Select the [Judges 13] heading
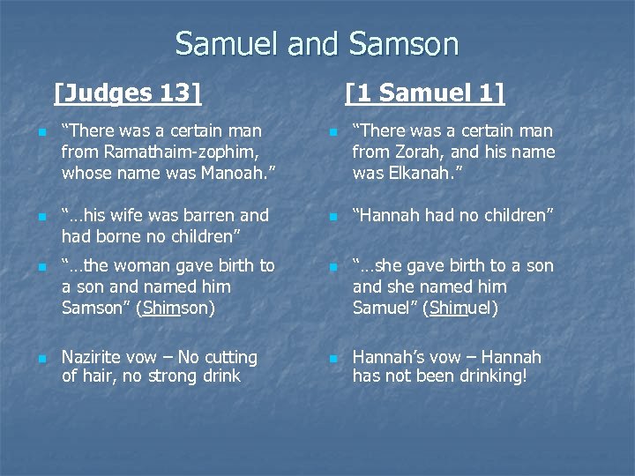tap(128, 92)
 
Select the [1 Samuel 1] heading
tap(425, 92)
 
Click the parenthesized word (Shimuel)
tap(459, 308)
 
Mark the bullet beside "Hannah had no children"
tap(332, 217)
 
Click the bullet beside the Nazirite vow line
tap(41, 359)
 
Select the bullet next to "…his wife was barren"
tap(41, 217)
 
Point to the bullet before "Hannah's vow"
tap(332, 359)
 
